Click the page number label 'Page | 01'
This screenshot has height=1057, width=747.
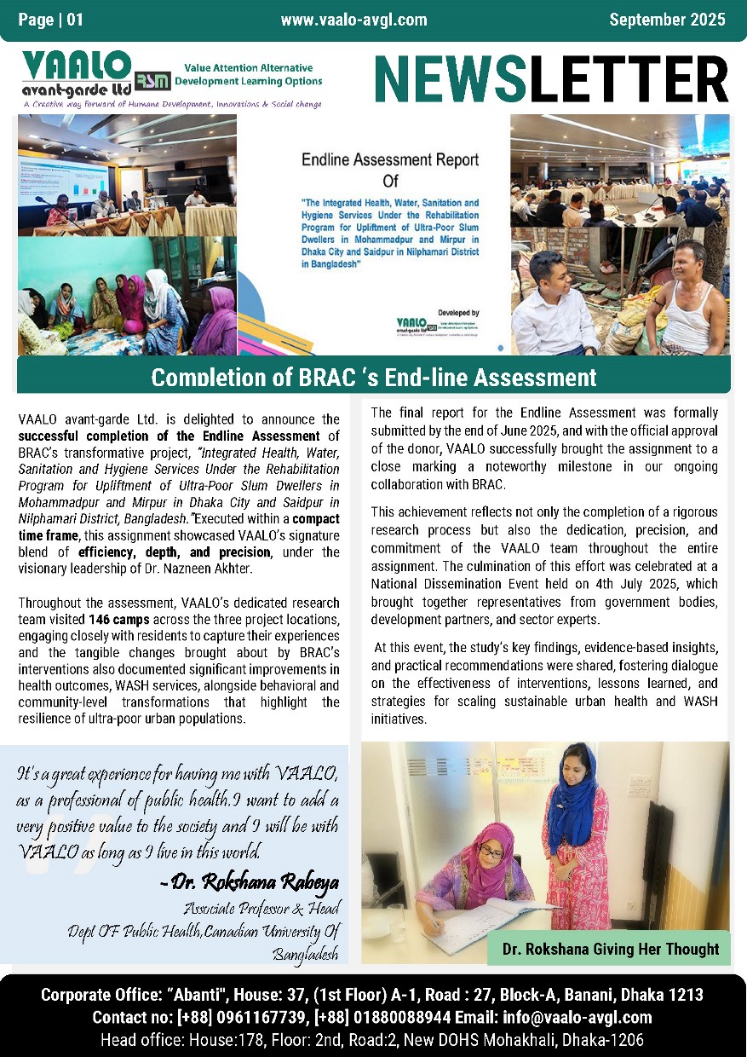(51, 20)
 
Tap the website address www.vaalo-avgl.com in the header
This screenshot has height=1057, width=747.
(353, 20)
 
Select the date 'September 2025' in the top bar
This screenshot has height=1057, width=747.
(667, 20)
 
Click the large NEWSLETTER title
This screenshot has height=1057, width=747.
(551, 78)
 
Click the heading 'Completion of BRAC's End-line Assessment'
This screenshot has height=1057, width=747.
(373, 377)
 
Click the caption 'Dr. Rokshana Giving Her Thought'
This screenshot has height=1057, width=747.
(610, 949)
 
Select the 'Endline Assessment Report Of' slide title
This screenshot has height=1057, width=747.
(389, 169)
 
